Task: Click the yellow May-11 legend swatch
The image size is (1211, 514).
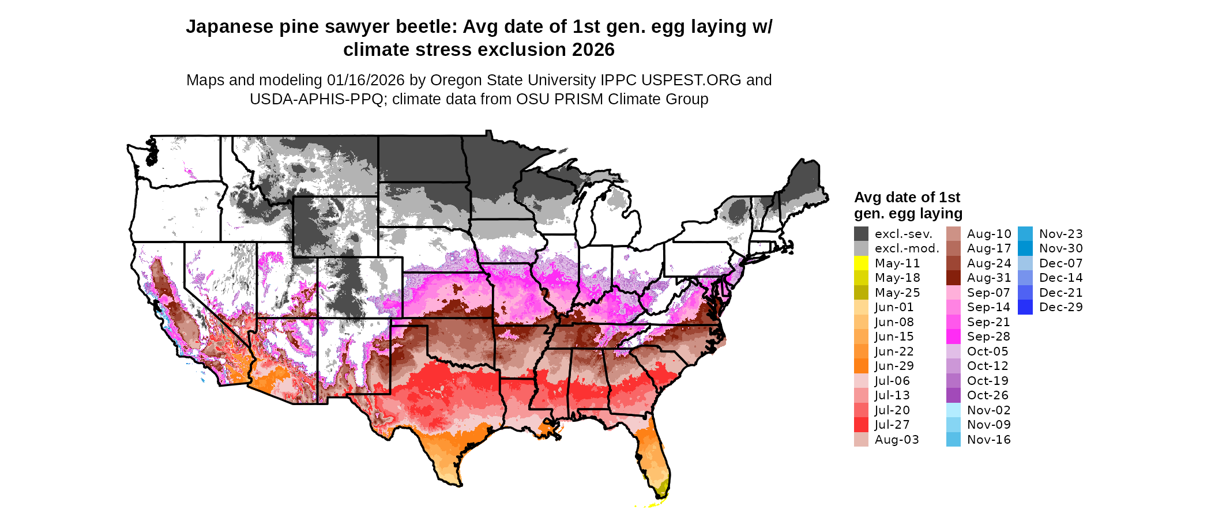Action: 861,263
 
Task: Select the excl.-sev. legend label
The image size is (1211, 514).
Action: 903,234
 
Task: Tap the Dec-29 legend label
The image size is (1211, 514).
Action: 1060,307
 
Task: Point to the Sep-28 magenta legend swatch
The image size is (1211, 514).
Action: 953,337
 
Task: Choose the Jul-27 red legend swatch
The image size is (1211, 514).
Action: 861,425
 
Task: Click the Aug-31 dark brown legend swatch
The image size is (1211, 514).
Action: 953,278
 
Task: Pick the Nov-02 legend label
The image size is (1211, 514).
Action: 988,410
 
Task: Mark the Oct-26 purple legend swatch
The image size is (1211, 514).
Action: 953,395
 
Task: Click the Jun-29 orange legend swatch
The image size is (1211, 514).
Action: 861,366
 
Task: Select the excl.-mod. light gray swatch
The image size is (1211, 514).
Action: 861,248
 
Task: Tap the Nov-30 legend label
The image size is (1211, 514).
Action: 1060,248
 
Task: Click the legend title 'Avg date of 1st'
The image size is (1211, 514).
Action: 907,198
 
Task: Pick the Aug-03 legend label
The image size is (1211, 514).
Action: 896,440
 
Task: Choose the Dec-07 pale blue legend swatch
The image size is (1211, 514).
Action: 1025,263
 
